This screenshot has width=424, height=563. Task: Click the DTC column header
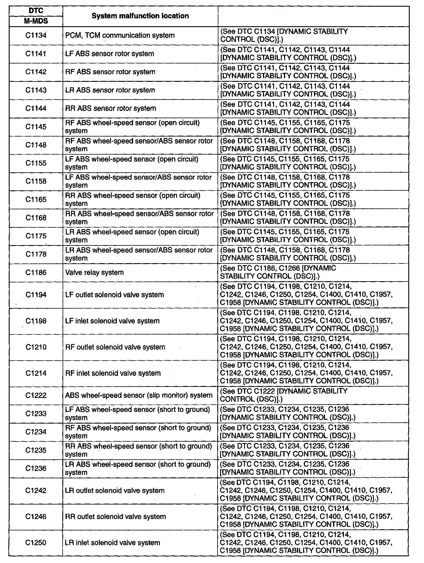(x=36, y=11)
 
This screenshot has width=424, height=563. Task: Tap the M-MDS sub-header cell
(x=36, y=21)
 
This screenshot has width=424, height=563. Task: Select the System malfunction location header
(x=140, y=16)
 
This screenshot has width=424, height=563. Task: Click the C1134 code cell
(x=36, y=36)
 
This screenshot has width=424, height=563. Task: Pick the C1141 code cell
(x=36, y=54)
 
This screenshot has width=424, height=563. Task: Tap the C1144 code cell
(x=36, y=109)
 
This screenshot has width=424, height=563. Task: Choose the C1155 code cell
(x=36, y=163)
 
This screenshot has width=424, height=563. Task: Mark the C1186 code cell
(x=36, y=273)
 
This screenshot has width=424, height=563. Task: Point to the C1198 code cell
(x=36, y=321)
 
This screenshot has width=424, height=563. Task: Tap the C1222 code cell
(x=36, y=396)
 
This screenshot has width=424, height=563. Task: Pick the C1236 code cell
(x=36, y=469)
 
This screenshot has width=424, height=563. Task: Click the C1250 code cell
(x=36, y=543)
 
